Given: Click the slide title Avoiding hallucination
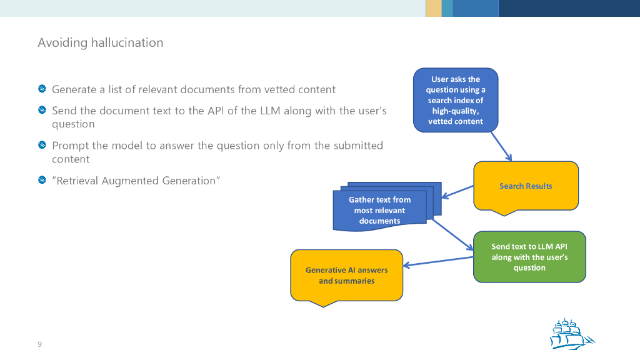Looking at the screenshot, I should (100, 43).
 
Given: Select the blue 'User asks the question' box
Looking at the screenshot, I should (456, 100).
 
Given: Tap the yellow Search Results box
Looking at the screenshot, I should (526, 186).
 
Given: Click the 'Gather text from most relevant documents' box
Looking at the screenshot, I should (379, 210).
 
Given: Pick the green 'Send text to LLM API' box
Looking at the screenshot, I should (529, 257).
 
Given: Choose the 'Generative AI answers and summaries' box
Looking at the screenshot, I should (346, 276).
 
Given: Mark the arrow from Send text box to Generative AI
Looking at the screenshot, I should (438, 262).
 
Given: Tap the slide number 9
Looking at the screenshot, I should (40, 344).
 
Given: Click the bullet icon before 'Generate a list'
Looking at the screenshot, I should (42, 89).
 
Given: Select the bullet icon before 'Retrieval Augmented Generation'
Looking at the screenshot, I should (42, 181).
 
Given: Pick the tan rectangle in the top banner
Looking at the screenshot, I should (433, 8).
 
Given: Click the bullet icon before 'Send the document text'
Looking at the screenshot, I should (42, 111).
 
